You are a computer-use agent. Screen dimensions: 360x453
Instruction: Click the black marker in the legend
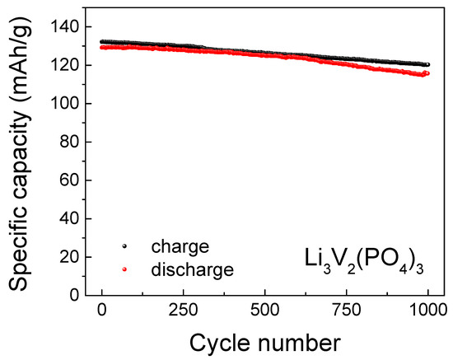point(124,246)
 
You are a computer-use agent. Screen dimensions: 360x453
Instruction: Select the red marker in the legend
point(124,268)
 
